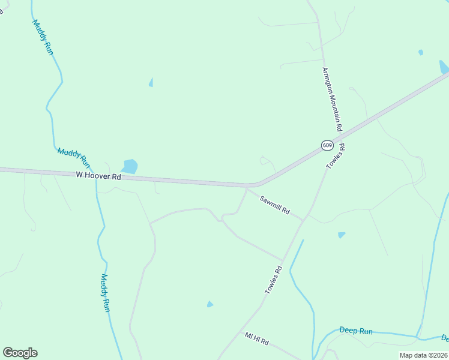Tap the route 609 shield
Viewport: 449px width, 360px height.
pyautogui.click(x=327, y=145)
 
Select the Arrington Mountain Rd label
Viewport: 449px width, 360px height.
pyautogui.click(x=331, y=99)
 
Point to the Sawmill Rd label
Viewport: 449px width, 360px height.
pyautogui.click(x=275, y=205)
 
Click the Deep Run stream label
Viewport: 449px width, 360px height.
pyautogui.click(x=356, y=331)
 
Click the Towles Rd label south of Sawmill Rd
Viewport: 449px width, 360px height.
pyautogui.click(x=274, y=280)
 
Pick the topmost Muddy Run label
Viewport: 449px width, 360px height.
pyautogui.click(x=43, y=37)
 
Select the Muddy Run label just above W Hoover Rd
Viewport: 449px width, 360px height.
pyautogui.click(x=74, y=157)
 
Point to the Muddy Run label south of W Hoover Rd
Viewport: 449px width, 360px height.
pyautogui.click(x=106, y=293)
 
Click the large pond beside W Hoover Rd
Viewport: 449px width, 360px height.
pyautogui.click(x=130, y=166)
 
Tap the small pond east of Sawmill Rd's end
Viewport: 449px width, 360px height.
pyautogui.click(x=342, y=235)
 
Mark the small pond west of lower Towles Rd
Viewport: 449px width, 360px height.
pyautogui.click(x=210, y=304)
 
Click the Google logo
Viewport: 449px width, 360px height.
pyautogui.click(x=20, y=353)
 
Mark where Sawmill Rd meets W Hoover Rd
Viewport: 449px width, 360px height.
pyautogui.click(x=247, y=187)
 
